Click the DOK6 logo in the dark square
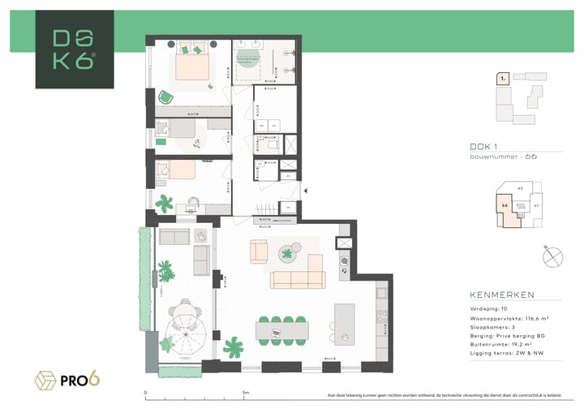pyautogui.click(x=74, y=49)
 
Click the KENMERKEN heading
pyautogui.click(x=502, y=295)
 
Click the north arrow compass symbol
pyautogui.click(x=553, y=257)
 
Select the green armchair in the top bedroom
pyautogui.click(x=166, y=97)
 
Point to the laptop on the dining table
pyautogui.click(x=276, y=332)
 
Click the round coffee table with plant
pyautogui.click(x=287, y=254)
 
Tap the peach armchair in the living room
pyautogui.click(x=259, y=252)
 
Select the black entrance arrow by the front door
pyautogui.click(x=305, y=191)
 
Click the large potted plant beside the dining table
pyautogui.click(x=234, y=347)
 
